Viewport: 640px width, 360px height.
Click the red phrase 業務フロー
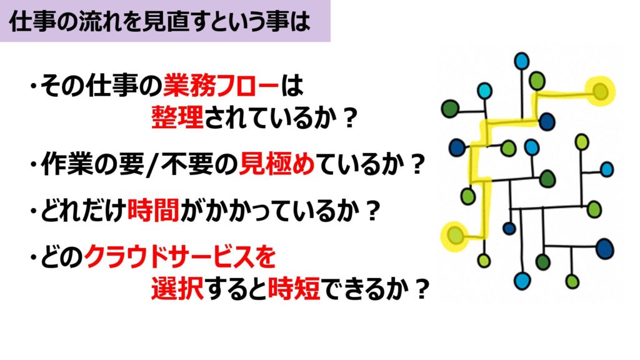coord(221,86)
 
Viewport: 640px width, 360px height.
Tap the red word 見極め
coord(277,164)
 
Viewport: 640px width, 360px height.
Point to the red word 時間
coord(154,210)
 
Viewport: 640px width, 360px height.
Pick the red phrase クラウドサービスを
coord(180,257)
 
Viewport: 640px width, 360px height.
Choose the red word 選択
coord(177,289)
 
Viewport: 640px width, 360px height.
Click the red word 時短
coord(294,289)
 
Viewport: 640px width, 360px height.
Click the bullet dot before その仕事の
coord(33,86)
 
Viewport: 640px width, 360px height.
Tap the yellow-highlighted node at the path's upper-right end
coord(600,91)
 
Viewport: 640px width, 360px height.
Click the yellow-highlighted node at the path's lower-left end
coord(455,236)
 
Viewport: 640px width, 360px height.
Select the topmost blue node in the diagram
coord(522,61)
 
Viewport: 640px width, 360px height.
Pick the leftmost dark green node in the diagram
coord(450,109)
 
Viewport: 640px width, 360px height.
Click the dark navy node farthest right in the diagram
coord(605,249)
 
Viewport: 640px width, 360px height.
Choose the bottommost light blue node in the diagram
coord(522,281)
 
